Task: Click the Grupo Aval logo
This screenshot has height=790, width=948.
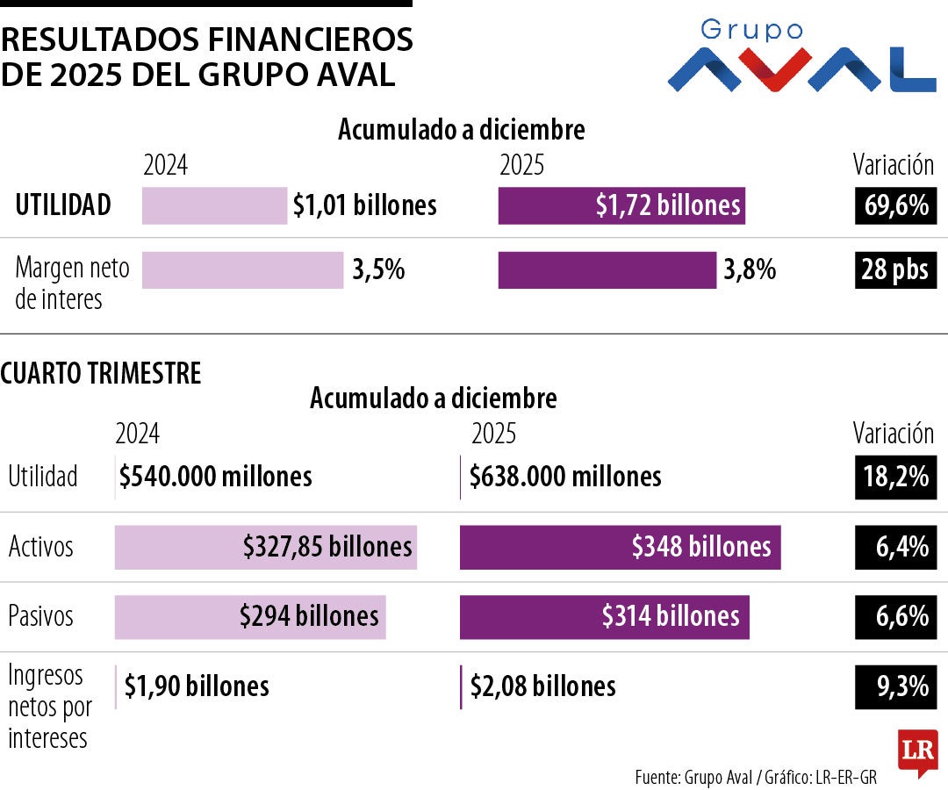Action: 801,58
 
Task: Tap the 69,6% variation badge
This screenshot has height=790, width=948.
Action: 895,205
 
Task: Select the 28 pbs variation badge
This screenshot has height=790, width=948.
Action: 895,269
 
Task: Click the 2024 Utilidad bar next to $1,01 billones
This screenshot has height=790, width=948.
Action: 214,205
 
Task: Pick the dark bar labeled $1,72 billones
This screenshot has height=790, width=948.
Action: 621,205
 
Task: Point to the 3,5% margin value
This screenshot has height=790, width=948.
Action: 378,269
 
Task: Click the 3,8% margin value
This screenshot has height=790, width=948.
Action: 750,269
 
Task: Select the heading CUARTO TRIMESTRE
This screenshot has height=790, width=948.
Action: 101,373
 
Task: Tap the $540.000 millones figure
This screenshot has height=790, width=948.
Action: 216,477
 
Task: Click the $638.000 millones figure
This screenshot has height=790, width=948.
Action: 565,477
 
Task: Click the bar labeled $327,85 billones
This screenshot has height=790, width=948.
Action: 266,547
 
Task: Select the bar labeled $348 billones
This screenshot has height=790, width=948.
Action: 620,547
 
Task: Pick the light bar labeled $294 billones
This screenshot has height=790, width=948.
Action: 250,615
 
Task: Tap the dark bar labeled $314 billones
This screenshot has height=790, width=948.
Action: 604,615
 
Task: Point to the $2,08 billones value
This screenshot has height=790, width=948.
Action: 542,686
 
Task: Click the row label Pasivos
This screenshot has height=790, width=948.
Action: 41,615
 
